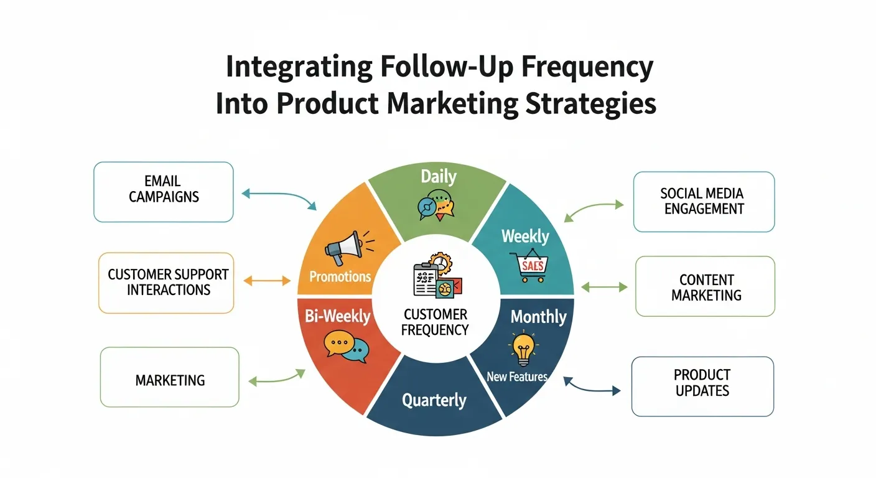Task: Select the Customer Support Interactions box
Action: pos(166,283)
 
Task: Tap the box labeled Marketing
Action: pos(169,377)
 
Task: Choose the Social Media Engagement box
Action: pos(704,202)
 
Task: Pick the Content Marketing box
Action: pos(706,287)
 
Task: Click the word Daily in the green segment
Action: pos(438,177)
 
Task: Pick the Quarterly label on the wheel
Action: pos(434,400)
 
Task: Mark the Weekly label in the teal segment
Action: pos(525,237)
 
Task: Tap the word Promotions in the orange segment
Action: pos(340,276)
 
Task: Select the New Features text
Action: pos(517,377)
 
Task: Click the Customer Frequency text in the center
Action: pos(435,322)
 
